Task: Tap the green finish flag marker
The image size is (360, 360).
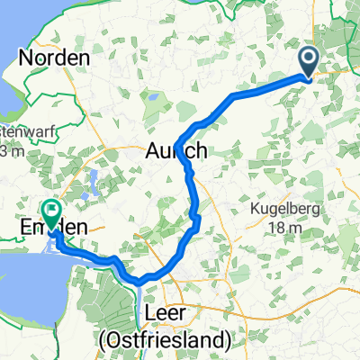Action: (x=50, y=213)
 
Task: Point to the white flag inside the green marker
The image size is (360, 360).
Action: (x=50, y=211)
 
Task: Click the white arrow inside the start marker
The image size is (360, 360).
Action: (x=309, y=60)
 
